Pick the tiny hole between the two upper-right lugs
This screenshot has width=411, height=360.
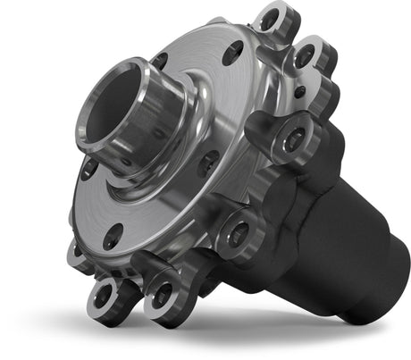click(x=298, y=90)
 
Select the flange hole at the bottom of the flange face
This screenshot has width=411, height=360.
click(x=113, y=237)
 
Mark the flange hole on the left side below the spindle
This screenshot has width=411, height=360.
click(x=89, y=170)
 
